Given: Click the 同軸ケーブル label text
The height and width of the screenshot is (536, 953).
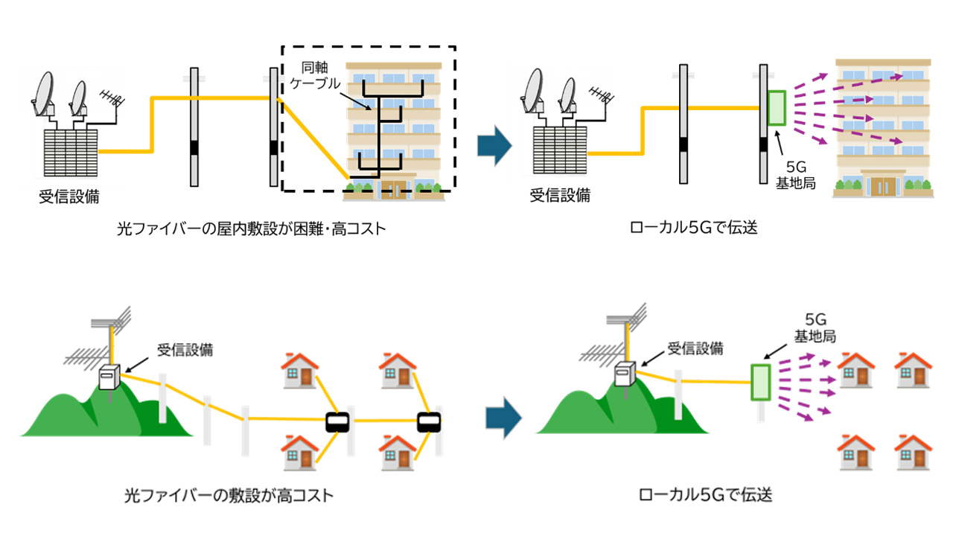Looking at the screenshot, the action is pyautogui.click(x=315, y=75).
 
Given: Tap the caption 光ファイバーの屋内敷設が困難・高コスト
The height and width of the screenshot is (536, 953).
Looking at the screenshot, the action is pyautogui.click(x=252, y=229).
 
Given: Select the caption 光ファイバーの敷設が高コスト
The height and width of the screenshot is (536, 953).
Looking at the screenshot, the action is pyautogui.click(x=229, y=496).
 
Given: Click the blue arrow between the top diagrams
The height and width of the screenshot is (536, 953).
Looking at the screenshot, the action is pyautogui.click(x=494, y=145).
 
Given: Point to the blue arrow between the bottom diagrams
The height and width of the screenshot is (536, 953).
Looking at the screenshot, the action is pyautogui.click(x=503, y=418).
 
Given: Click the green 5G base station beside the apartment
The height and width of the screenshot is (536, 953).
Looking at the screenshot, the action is pyautogui.click(x=777, y=108).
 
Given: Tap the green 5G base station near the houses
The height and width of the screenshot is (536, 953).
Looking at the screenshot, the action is pyautogui.click(x=760, y=382).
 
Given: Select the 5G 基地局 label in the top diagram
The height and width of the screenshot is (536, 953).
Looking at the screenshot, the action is pyautogui.click(x=796, y=175).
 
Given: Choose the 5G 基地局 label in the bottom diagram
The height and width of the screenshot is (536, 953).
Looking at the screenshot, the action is pyautogui.click(x=815, y=328).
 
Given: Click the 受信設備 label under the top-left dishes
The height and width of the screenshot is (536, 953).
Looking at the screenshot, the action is pyautogui.click(x=69, y=197).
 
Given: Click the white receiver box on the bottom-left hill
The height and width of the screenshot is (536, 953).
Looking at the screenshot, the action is pyautogui.click(x=109, y=377).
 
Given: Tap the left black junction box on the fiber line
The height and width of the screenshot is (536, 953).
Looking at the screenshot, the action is pyautogui.click(x=338, y=422).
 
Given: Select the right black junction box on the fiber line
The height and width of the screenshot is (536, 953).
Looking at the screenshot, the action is pyautogui.click(x=429, y=422).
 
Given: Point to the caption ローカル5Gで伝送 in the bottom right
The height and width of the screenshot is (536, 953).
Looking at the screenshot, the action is pyautogui.click(x=706, y=495).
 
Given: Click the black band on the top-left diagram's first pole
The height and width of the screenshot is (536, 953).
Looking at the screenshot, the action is pyautogui.click(x=194, y=147).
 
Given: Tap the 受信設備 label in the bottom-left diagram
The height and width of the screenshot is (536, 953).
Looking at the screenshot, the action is pyautogui.click(x=185, y=350).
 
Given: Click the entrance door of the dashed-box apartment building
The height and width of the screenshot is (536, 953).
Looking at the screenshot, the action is pyautogui.click(x=394, y=190).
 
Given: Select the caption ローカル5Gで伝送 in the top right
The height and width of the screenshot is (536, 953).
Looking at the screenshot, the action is pyautogui.click(x=694, y=228).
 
